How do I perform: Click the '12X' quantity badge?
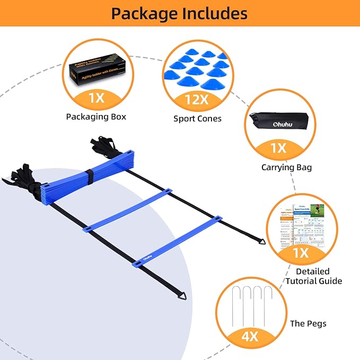click(x=197, y=99)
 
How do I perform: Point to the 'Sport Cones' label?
click(x=197, y=119)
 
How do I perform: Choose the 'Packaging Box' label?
click(x=96, y=116)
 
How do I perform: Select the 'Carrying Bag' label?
click(x=286, y=168)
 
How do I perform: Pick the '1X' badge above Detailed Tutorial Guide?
click(x=301, y=253)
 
